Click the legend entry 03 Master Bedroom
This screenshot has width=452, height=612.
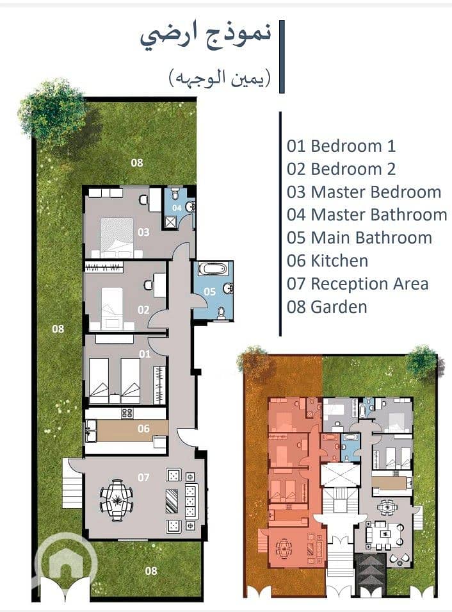point(364,192)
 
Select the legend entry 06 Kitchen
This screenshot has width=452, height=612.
point(327,261)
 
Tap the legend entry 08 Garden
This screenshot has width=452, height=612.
point(327,307)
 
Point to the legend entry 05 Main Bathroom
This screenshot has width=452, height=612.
point(359,238)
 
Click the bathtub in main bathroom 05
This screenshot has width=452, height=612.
point(213,269)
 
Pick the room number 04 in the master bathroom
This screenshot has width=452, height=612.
point(177,208)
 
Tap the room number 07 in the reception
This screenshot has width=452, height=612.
point(143,477)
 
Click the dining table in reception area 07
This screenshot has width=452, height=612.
point(117,500)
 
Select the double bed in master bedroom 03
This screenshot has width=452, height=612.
point(117,238)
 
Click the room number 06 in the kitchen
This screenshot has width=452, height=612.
point(143,429)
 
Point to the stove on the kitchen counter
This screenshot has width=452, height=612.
point(127,413)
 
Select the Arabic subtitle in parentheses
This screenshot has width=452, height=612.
point(220,78)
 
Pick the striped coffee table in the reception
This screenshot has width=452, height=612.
point(172,501)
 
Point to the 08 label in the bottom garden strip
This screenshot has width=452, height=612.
point(151,571)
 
